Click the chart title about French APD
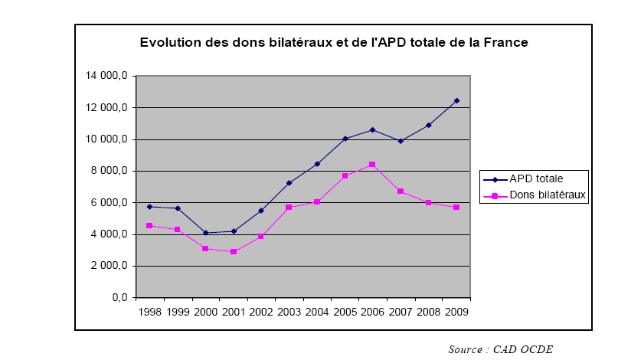click(x=334, y=43)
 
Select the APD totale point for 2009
click(x=457, y=100)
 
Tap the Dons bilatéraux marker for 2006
click(x=373, y=165)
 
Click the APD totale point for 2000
click(x=206, y=233)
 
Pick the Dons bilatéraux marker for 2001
click(x=234, y=251)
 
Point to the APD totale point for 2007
click(x=401, y=141)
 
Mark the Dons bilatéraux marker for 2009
click(x=457, y=208)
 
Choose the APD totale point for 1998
click(x=150, y=207)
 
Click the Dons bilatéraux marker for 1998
click(x=150, y=226)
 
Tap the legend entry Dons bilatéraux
click(x=537, y=195)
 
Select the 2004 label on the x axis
click(x=317, y=312)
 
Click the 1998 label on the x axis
click(x=150, y=312)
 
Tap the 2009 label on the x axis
click(x=457, y=312)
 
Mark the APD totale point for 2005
click(x=345, y=139)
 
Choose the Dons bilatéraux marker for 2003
click(x=289, y=208)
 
